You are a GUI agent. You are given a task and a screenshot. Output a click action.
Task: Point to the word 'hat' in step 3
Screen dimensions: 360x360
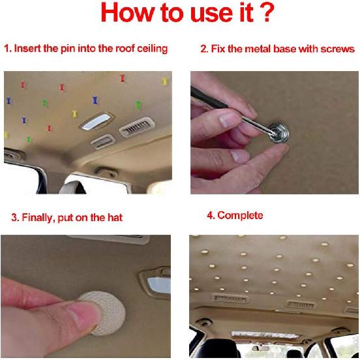click(115, 217)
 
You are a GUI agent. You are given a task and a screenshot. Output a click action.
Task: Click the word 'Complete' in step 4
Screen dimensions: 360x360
click(240, 215)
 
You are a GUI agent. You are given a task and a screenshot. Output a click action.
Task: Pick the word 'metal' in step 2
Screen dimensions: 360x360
click(254, 49)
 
